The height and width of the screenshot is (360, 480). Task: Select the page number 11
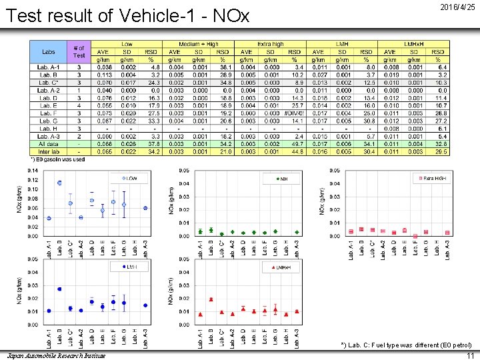pyautogui.click(x=468, y=355)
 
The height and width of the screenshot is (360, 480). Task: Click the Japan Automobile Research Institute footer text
pyautogui.click(x=53, y=355)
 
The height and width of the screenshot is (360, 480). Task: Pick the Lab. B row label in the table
pyautogui.click(x=49, y=74)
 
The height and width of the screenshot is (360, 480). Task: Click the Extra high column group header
pyautogui.click(x=270, y=44)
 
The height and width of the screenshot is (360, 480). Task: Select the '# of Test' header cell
pyautogui.click(x=79, y=51)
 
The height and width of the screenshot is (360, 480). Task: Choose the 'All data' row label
pyautogui.click(x=49, y=144)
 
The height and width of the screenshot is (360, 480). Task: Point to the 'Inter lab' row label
pyautogui.click(x=49, y=152)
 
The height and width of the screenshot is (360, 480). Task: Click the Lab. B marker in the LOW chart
pyautogui.click(x=59, y=183)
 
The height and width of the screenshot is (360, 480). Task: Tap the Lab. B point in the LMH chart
pyautogui.click(x=59, y=289)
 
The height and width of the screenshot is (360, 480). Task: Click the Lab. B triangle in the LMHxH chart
pyautogui.click(x=211, y=299)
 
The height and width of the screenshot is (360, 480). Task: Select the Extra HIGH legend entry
pyautogui.click(x=431, y=178)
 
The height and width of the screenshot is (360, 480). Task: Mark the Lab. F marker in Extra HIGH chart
pyautogui.click(x=415, y=236)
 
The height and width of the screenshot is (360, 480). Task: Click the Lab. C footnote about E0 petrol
pyautogui.click(x=406, y=345)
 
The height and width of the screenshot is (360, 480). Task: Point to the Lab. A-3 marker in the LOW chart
pyautogui.click(x=145, y=208)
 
